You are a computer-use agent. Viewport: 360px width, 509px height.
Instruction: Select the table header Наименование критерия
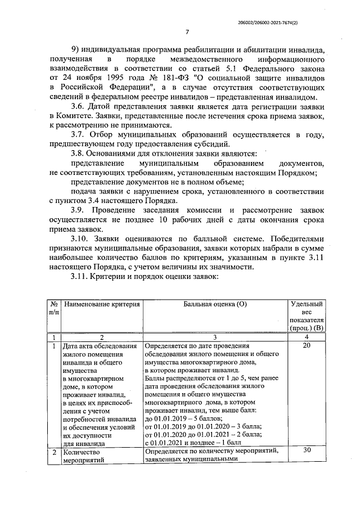[102, 304]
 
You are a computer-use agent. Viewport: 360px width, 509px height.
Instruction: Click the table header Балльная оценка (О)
[215, 304]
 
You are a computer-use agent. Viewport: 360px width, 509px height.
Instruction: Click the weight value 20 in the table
[307, 346]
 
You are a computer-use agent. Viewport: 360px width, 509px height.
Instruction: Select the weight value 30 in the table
[307, 451]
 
